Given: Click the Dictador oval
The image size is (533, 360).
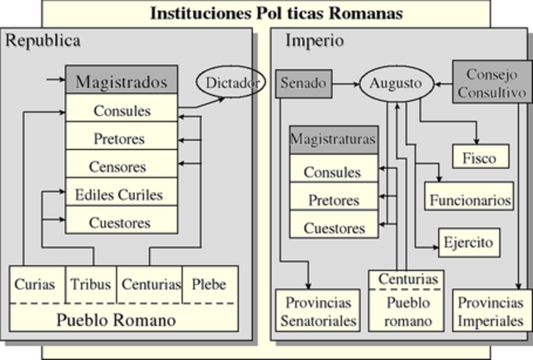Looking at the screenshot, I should pyautogui.click(x=226, y=82).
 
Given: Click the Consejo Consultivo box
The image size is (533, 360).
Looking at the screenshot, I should pyautogui.click(x=491, y=81).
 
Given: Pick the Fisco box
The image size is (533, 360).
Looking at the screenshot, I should pyautogui.click(x=481, y=157).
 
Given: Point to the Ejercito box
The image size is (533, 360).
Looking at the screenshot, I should pyautogui.click(x=468, y=242).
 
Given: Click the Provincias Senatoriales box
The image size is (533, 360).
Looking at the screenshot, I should pyautogui.click(x=318, y=310).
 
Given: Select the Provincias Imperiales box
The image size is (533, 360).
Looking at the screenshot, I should pyautogui.click(x=491, y=310).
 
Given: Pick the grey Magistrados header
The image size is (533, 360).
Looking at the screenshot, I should pyautogui.click(x=122, y=82).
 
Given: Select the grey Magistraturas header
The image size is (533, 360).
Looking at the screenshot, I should pyautogui.click(x=333, y=139).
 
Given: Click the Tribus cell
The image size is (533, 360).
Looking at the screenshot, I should pyautogui.click(x=92, y=284).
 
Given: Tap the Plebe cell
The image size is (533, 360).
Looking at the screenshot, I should pyautogui.click(x=209, y=284).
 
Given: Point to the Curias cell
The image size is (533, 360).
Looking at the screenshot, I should pyautogui.click(x=36, y=284).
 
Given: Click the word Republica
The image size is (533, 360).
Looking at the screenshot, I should pyautogui.click(x=43, y=41).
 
